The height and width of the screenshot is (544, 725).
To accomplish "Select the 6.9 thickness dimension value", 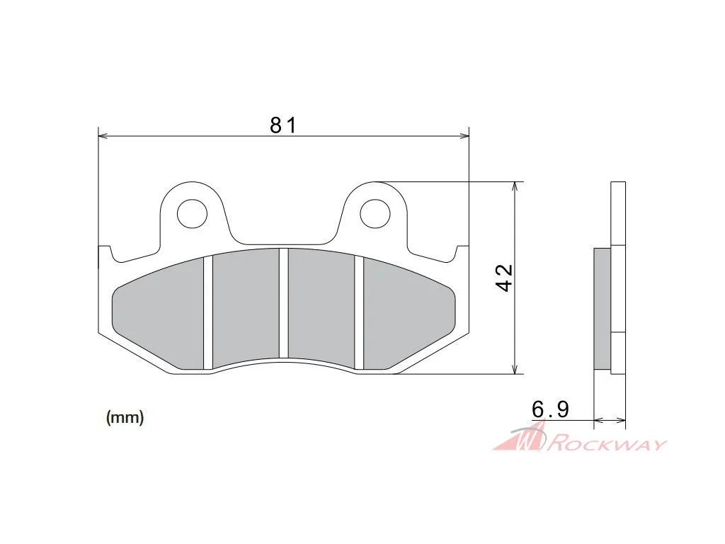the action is [550, 409].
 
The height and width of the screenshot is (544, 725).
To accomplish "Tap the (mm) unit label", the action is [125, 418].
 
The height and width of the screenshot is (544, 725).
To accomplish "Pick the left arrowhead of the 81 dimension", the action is [103, 136].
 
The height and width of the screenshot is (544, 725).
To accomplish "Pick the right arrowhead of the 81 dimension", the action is [464, 136].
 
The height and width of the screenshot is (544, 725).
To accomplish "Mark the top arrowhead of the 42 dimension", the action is [515, 186].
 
